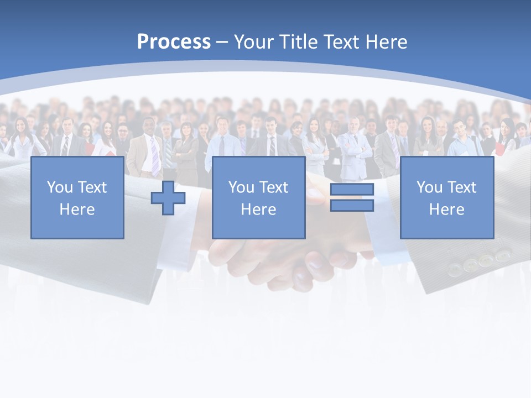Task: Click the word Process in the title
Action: (x=174, y=41)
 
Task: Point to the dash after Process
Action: (x=222, y=42)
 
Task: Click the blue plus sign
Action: (x=168, y=198)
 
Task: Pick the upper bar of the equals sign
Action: (x=352, y=190)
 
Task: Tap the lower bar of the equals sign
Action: (x=352, y=206)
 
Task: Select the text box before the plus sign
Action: (x=77, y=198)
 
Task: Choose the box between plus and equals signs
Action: (x=258, y=198)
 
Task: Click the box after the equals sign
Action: (x=447, y=198)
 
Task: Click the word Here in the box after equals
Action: (x=447, y=210)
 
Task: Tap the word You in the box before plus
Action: (x=60, y=187)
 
